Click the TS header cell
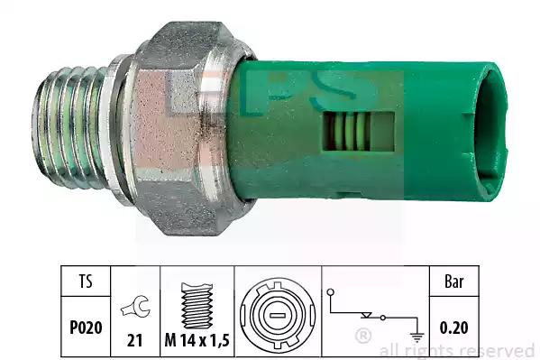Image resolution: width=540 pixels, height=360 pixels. (x=86, y=281)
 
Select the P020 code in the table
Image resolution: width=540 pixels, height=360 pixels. (x=86, y=328)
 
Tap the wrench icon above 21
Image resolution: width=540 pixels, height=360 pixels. (x=135, y=307)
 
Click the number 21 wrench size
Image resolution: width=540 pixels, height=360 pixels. (x=134, y=341)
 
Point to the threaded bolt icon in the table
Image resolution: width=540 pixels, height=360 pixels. (x=197, y=306)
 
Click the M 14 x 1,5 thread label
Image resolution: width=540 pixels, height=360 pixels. (x=197, y=341)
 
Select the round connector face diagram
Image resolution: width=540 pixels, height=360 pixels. (x=278, y=315)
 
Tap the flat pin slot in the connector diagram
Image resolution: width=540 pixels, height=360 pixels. (x=278, y=315)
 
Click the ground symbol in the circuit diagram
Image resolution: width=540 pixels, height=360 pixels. (x=417, y=337)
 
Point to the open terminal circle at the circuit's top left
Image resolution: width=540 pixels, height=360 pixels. (x=331, y=292)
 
